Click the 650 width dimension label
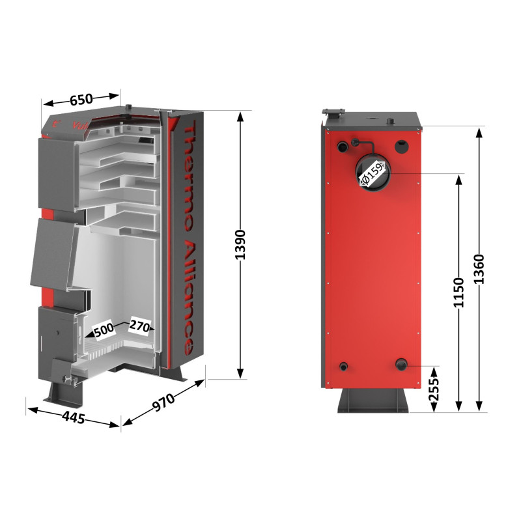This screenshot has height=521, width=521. (81, 100)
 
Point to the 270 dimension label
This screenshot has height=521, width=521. (140, 325)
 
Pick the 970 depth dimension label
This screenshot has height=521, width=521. (165, 404)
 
